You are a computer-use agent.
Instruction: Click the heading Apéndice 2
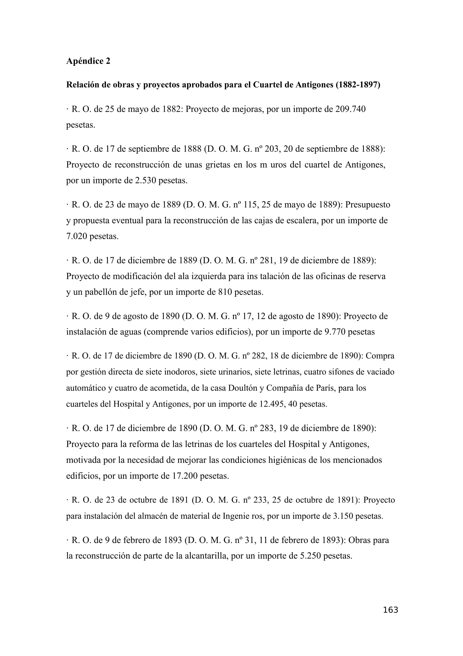click(x=88, y=61)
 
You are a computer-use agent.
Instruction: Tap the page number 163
click(x=390, y=610)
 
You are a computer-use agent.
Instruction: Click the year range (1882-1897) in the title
click(x=358, y=85)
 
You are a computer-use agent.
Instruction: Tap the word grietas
click(x=218, y=165)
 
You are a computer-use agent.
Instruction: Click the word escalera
click(x=299, y=220)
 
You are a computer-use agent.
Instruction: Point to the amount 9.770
click(x=335, y=332)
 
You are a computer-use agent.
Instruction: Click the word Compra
click(x=380, y=356)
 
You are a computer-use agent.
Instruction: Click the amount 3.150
click(x=343, y=516)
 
